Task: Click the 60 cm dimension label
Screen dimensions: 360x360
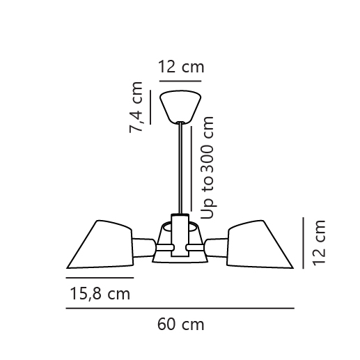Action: [181, 324]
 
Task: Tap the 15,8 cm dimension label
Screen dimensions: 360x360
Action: [100, 294]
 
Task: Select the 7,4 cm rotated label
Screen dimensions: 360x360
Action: [136, 107]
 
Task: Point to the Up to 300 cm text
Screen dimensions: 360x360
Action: [207, 168]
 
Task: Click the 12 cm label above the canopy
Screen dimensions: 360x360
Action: [181, 67]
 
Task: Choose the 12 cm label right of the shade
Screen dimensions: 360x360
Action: [319, 243]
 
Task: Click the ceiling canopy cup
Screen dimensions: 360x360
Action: [180, 107]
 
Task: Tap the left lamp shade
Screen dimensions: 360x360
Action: [100, 244]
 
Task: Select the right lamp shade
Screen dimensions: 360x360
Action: [260, 244]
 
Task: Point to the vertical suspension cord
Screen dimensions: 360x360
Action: [180, 168]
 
